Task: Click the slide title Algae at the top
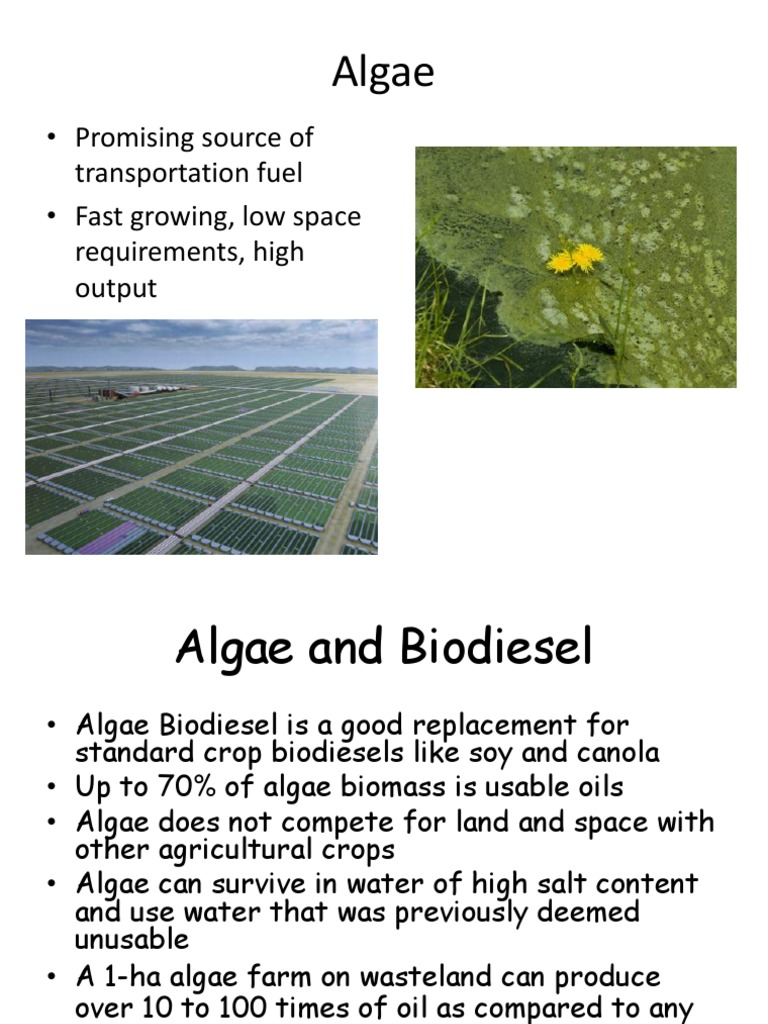[x=383, y=72]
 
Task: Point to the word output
[x=116, y=288]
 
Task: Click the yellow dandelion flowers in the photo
[x=576, y=258]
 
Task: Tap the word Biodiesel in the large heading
[x=496, y=648]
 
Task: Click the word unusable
[x=131, y=939]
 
